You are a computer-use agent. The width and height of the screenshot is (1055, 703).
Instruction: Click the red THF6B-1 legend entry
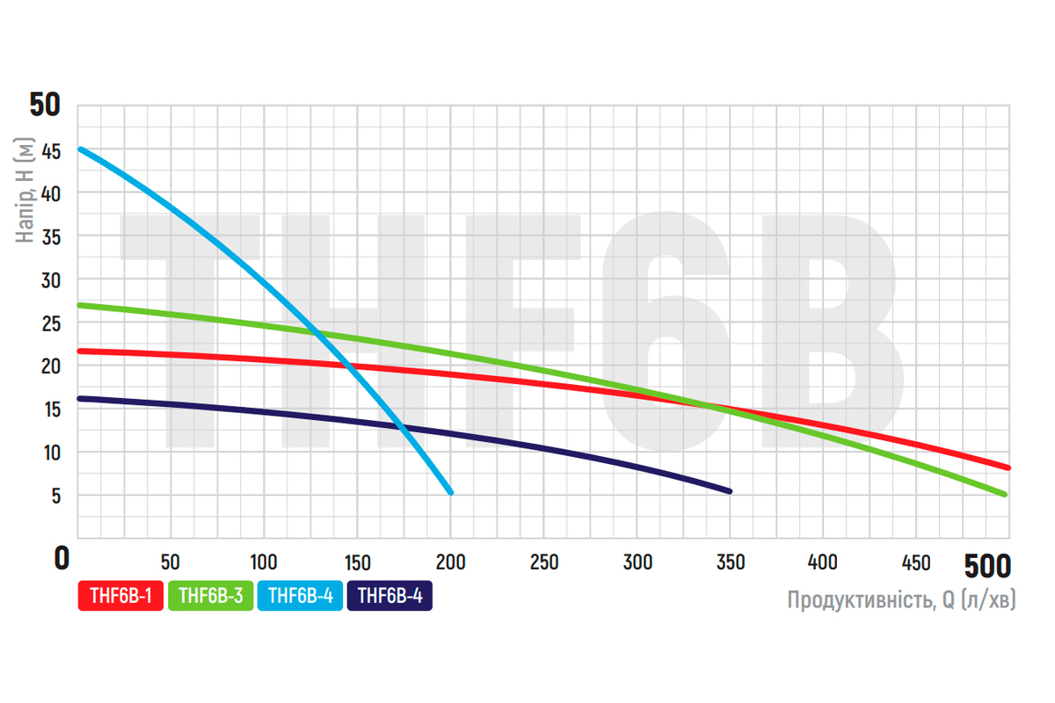click(x=120, y=597)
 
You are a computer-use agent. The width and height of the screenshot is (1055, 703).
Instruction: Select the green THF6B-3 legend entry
click(x=210, y=597)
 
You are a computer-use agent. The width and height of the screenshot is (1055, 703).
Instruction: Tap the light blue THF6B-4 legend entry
click(x=300, y=597)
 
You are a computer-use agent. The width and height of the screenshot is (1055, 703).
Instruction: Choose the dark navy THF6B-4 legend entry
click(x=389, y=597)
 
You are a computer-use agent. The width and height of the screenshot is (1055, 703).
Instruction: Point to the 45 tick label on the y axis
click(x=51, y=151)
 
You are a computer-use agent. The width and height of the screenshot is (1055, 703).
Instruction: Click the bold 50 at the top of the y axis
click(x=45, y=105)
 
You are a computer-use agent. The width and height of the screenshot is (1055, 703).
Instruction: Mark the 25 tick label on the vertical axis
click(x=51, y=323)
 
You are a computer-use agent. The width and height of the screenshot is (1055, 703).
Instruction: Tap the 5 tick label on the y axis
click(x=56, y=496)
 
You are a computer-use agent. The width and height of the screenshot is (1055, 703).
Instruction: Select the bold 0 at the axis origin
click(x=61, y=559)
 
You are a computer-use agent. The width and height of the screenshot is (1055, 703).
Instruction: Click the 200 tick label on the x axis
click(x=450, y=562)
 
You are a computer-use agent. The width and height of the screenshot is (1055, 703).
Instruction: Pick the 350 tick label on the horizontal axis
click(x=729, y=562)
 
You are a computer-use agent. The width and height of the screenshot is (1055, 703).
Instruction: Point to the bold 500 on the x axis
click(x=987, y=563)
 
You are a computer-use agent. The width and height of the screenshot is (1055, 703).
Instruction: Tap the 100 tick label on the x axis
click(x=264, y=562)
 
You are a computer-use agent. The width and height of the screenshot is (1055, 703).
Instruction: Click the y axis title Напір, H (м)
click(x=25, y=191)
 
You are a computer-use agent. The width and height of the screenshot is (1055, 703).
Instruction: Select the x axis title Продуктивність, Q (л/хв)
click(x=901, y=601)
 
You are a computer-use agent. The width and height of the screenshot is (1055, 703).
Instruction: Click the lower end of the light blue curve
click(x=450, y=492)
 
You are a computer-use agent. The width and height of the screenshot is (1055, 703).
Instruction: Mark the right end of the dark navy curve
click(x=729, y=491)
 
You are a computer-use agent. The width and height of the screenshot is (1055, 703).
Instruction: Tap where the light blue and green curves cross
click(x=314, y=332)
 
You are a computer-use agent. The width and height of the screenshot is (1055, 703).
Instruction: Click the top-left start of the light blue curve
click(x=80, y=149)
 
